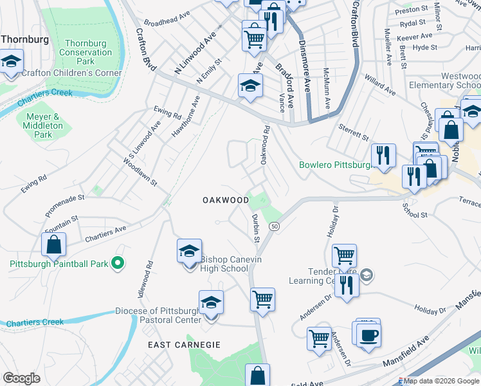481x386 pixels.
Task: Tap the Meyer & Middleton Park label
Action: pos(42,126)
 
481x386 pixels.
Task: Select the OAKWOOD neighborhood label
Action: pos(226,200)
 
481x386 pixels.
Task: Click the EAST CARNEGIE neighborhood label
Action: pos(185,345)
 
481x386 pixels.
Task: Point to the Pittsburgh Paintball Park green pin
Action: pos(118,263)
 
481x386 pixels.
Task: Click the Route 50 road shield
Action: pos(275,226)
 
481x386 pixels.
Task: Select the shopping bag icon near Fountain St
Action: pos(53,244)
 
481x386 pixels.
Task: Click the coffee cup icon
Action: pos(369,335)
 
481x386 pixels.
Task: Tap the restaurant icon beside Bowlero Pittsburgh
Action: pos(383,154)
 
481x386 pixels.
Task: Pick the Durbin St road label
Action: pos(255,228)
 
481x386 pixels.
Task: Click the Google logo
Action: pos(22,378)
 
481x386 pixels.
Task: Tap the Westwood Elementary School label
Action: pos(444,80)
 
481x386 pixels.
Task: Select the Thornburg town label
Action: pos(25,39)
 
